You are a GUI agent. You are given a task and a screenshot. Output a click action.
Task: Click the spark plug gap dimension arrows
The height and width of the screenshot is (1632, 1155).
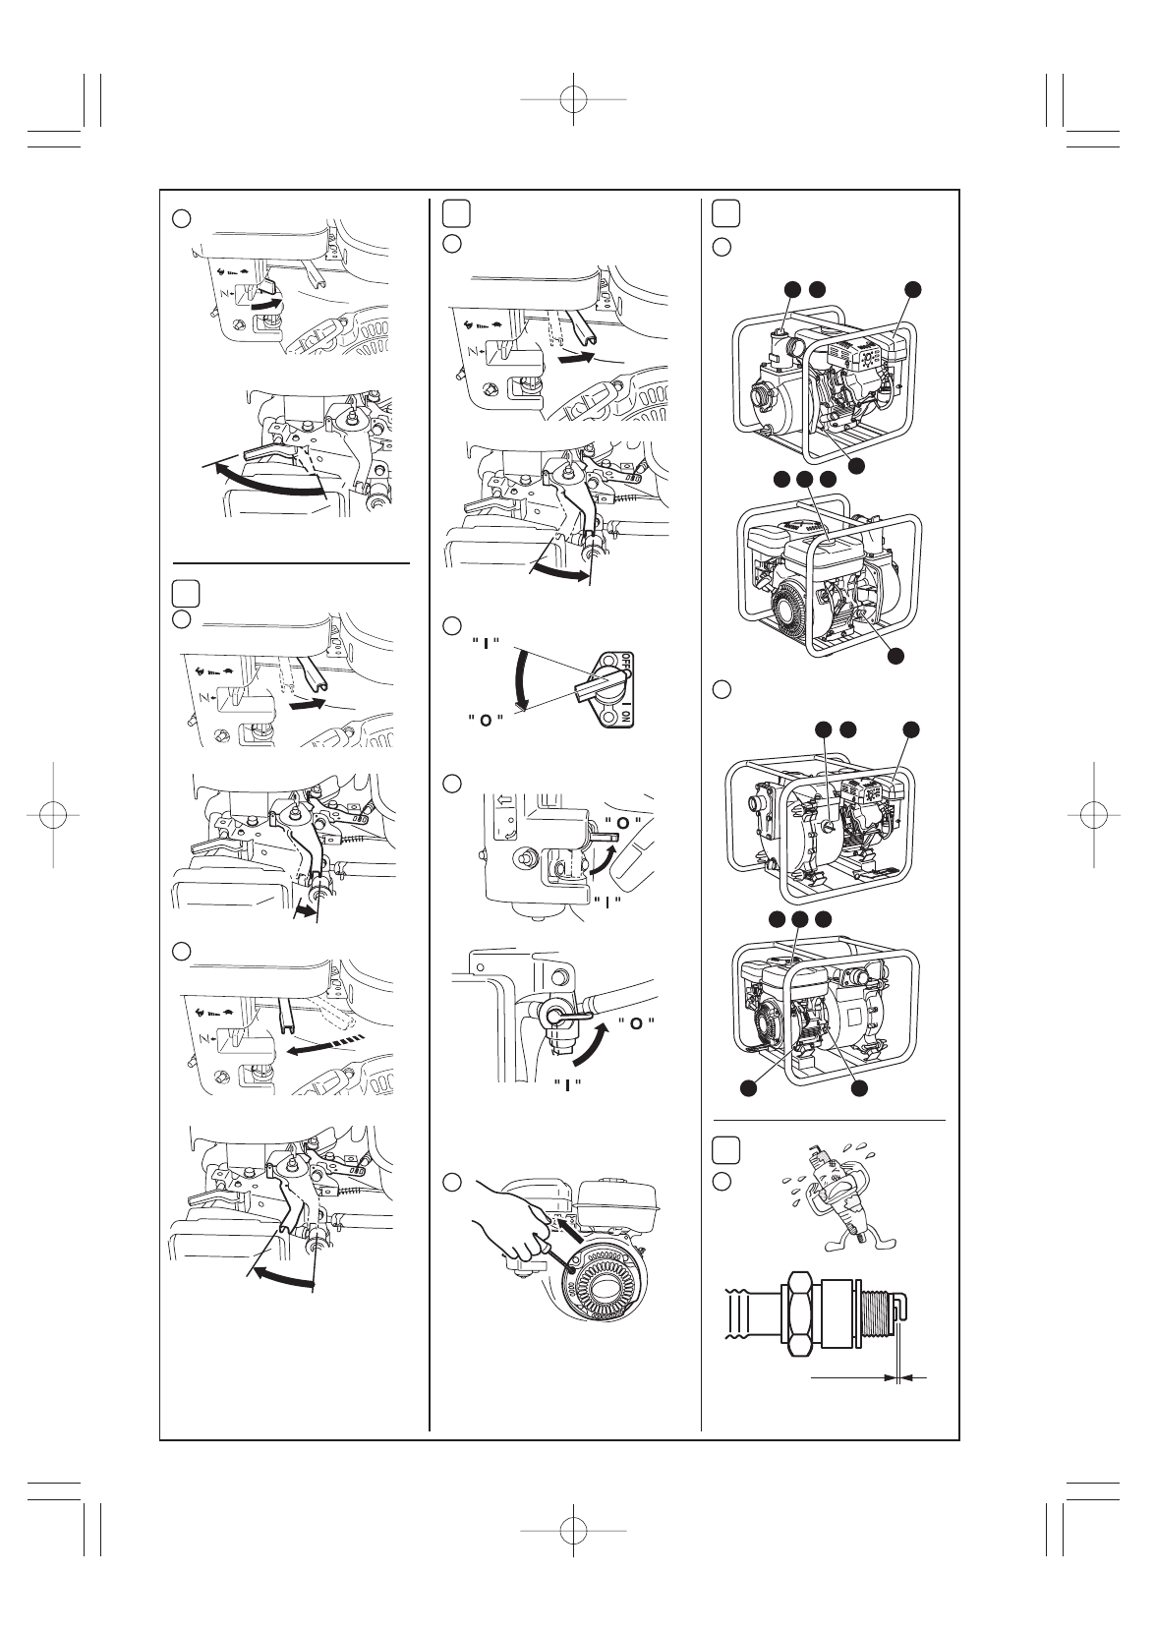click(900, 1379)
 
